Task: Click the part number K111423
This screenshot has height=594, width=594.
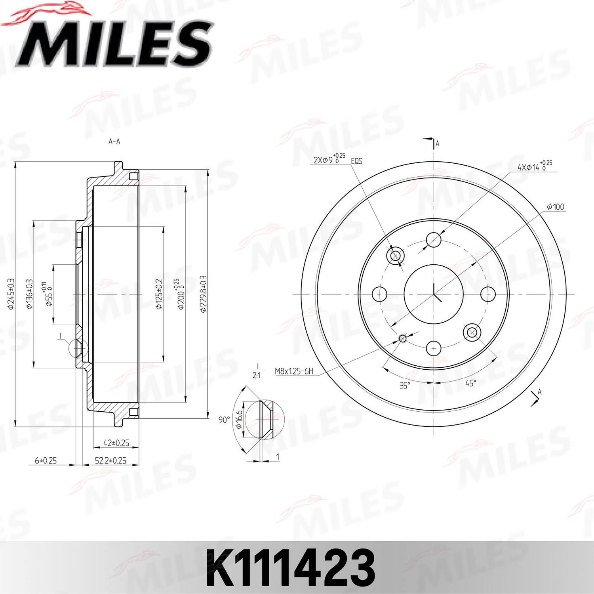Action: [290, 568]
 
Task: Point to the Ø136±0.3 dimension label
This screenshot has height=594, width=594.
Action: [29, 294]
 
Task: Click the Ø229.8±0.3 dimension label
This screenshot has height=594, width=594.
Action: [203, 294]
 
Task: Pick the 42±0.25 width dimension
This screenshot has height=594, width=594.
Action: [116, 443]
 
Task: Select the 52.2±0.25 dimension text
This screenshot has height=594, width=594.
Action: [110, 460]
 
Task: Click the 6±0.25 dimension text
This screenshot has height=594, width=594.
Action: [46, 460]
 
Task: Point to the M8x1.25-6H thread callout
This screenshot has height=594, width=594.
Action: [294, 371]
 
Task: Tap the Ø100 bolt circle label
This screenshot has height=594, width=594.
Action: [555, 207]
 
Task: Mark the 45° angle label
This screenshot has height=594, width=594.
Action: [470, 383]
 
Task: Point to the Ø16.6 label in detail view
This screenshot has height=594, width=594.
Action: [239, 419]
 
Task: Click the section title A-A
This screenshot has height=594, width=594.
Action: [114, 141]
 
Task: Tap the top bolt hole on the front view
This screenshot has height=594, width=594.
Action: [434, 240]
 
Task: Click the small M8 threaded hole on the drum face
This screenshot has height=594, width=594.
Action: [403, 338]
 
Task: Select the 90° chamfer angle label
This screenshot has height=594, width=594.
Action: [224, 420]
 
